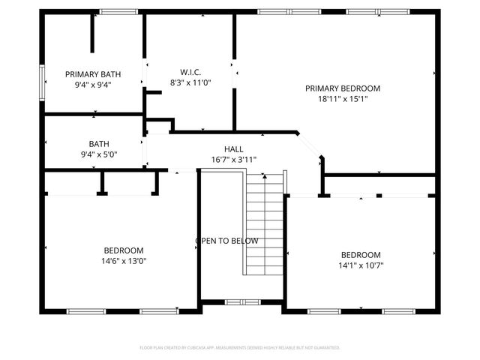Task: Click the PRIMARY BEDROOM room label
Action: tap(343, 88)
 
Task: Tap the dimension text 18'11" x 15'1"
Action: tap(343, 98)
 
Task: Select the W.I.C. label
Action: tap(190, 72)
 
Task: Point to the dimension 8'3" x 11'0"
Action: tap(190, 82)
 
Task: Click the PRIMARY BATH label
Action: tap(93, 74)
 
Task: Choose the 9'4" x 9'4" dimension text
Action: tap(93, 85)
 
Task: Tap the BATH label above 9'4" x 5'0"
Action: tap(99, 143)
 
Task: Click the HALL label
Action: tap(233, 148)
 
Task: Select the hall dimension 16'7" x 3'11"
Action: tap(233, 159)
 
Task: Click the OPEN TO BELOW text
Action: tap(227, 241)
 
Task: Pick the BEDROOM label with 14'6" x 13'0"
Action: tap(124, 250)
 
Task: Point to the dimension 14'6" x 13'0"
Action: tap(124, 261)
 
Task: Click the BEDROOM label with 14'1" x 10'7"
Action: tap(361, 254)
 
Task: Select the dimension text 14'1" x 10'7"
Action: tap(361, 265)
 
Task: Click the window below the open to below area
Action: tap(241, 301)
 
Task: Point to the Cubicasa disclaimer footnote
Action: tap(240, 347)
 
